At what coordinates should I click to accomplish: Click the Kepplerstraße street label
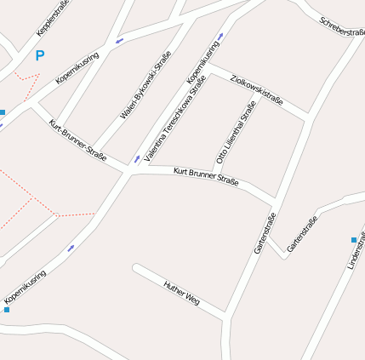coord(53,18)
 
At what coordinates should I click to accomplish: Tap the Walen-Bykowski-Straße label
coord(145,84)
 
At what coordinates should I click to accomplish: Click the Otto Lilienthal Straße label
coord(236,133)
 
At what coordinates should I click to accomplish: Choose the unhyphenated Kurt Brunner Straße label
coord(206,177)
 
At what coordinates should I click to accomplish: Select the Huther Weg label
coord(181,293)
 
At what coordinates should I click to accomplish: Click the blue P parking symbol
coord(39,56)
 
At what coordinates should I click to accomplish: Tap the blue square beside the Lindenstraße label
coord(354,240)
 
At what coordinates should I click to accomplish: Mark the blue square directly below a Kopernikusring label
coord(7,310)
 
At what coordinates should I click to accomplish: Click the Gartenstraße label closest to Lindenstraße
coord(302,234)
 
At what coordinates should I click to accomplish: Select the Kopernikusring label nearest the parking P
coord(77,68)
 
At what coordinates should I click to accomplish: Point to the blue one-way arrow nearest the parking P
coord(119,40)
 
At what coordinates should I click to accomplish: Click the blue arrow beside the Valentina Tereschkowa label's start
coord(137,158)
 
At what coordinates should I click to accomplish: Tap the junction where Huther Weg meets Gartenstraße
coord(228,318)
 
